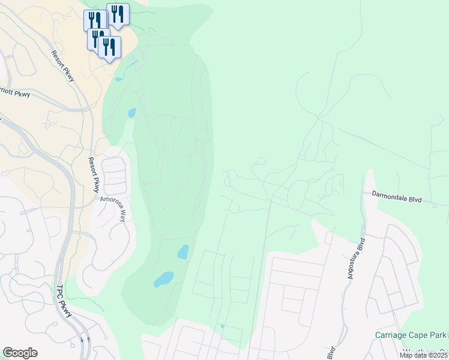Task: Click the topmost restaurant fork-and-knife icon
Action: click(118, 14)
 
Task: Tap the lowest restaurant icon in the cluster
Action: click(109, 47)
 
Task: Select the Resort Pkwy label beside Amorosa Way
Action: click(94, 175)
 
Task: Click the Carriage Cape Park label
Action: click(412, 335)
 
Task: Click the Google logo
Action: click(20, 353)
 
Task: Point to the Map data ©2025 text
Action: click(424, 355)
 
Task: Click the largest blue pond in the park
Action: click(163, 279)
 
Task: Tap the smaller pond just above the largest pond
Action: click(183, 252)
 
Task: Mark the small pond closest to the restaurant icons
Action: click(118, 79)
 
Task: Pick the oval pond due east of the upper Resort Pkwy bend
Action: click(131, 112)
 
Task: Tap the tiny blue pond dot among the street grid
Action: click(222, 326)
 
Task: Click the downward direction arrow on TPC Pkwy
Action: click(82, 341)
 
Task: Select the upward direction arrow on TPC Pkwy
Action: click(89, 340)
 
